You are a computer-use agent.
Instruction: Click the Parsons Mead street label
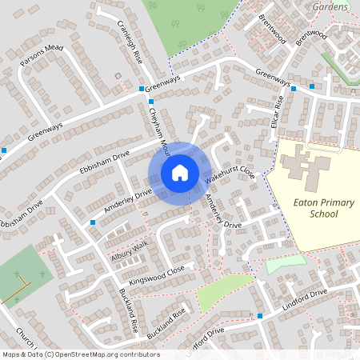(x=42, y=53)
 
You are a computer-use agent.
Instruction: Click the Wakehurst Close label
(x=231, y=164)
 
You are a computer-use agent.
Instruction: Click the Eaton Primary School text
(x=322, y=209)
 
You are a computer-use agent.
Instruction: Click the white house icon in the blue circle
(x=180, y=172)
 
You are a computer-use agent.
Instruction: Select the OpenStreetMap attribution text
(x=80, y=354)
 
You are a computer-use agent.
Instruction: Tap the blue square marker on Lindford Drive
(x=260, y=316)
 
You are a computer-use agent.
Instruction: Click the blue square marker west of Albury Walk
(x=93, y=222)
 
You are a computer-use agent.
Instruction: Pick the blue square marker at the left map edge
(x=4, y=150)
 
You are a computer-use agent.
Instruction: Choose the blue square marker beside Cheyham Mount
(x=151, y=102)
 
